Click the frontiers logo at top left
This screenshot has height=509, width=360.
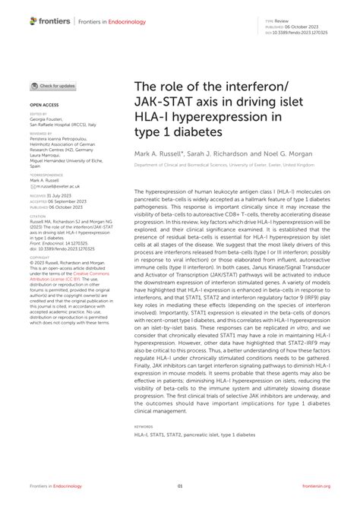pos(46,21)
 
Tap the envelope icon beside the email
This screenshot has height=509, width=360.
pos(33,185)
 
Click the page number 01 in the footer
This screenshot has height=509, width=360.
pos(180,485)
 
